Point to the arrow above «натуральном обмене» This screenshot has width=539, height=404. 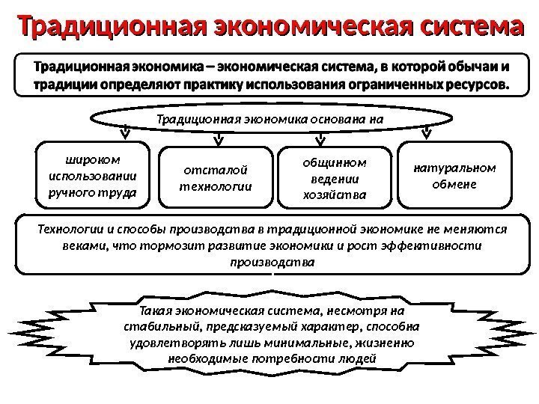pyautogui.click(x=426, y=133)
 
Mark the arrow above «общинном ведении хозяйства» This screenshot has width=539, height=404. pyautogui.click(x=323, y=137)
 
